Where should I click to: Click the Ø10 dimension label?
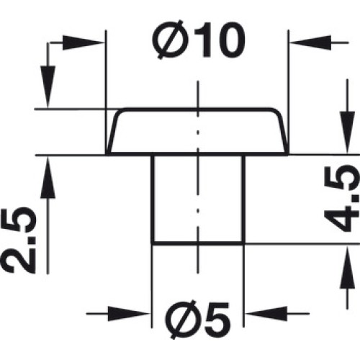tap(199, 40)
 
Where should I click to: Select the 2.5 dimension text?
tap(19, 239)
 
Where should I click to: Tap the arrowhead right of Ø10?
tap(310, 43)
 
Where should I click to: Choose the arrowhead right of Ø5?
tap(266, 313)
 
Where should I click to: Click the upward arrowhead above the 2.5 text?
tap(48, 178)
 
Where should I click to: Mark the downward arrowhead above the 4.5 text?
tap(347, 132)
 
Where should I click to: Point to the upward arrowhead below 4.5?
tap(347, 268)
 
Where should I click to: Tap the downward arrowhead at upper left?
tap(48, 87)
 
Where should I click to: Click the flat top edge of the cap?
tap(197, 110)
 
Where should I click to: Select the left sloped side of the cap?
tap(113, 132)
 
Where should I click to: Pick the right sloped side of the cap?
tap(281, 132)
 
